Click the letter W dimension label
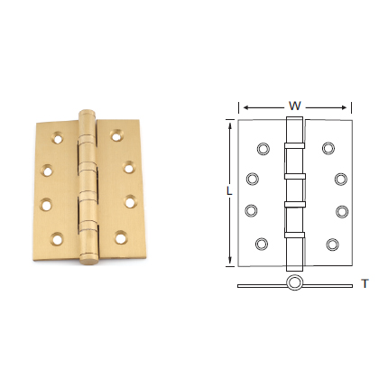pos(294,106)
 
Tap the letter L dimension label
pos(229,191)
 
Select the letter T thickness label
pos(364,283)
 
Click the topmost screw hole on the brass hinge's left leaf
pos(60,136)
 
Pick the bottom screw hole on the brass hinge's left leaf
pos(58,240)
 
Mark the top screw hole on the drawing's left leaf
pos(263,147)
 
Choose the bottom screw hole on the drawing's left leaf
pos(262,243)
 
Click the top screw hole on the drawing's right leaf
pos(327,147)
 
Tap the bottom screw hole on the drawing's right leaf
pos(332,243)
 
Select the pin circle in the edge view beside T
pos(294,284)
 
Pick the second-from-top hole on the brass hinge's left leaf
pos(48,168)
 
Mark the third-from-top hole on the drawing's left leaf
pos(253,212)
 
